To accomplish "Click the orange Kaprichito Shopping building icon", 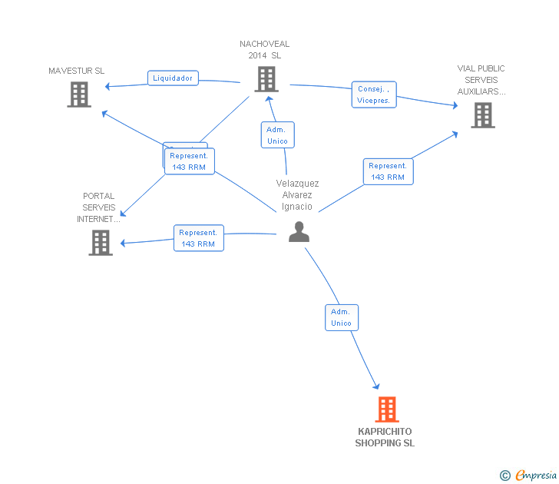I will click(387, 409).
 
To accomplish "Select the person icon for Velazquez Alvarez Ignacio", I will click(299, 231).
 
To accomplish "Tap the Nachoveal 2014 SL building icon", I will click(266, 78).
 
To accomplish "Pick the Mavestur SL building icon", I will click(79, 94).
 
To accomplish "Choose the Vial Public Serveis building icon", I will click(482, 114).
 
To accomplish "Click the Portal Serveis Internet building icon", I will click(101, 242).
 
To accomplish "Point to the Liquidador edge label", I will click(173, 78).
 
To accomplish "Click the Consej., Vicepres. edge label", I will click(374, 94).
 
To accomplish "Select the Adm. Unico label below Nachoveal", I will click(277, 135).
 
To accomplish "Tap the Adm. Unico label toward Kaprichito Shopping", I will click(341, 317).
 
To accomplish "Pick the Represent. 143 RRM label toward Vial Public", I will click(388, 171).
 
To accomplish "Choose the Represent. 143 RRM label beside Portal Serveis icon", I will click(198, 238).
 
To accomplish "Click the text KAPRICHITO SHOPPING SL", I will click(385, 437).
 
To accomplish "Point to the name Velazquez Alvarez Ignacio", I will click(297, 195).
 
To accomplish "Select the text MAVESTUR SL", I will click(77, 71).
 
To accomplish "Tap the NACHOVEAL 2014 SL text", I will click(265, 50).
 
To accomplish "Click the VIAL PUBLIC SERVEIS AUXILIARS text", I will click(481, 80).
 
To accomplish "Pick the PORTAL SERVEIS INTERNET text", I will click(99, 207).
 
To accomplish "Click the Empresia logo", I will click(528, 475).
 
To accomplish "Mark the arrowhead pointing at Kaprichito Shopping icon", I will click(376, 386).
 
